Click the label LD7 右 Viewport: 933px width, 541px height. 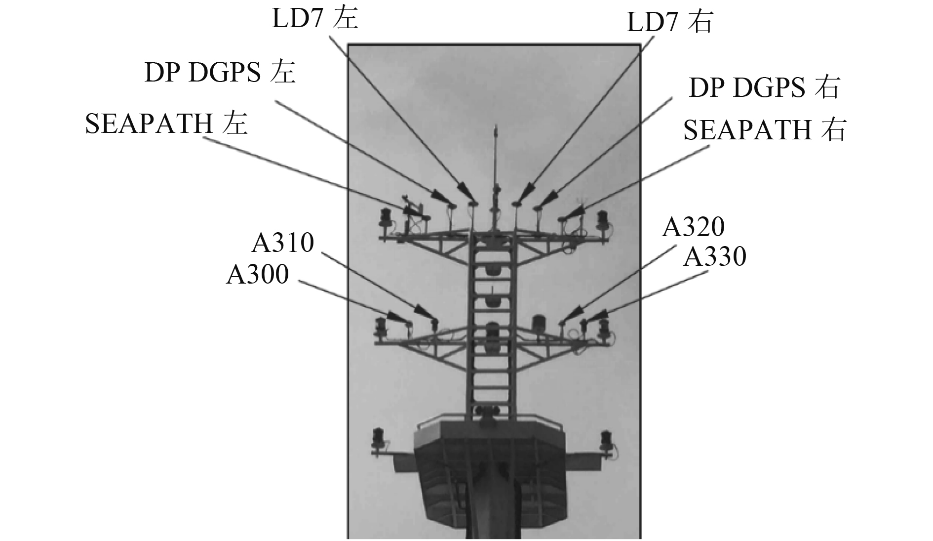tap(669, 22)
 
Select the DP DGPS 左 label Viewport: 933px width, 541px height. tap(220, 74)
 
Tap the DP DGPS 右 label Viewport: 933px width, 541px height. tap(763, 88)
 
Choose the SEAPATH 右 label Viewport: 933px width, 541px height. tap(764, 130)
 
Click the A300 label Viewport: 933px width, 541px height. tap(257, 275)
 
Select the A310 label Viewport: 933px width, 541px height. tap(283, 243)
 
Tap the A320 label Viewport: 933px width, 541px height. tap(693, 227)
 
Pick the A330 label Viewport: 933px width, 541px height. tap(714, 257)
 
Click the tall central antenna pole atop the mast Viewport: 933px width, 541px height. tap(495, 163)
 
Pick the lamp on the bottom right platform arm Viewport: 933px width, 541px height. tap(606, 439)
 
